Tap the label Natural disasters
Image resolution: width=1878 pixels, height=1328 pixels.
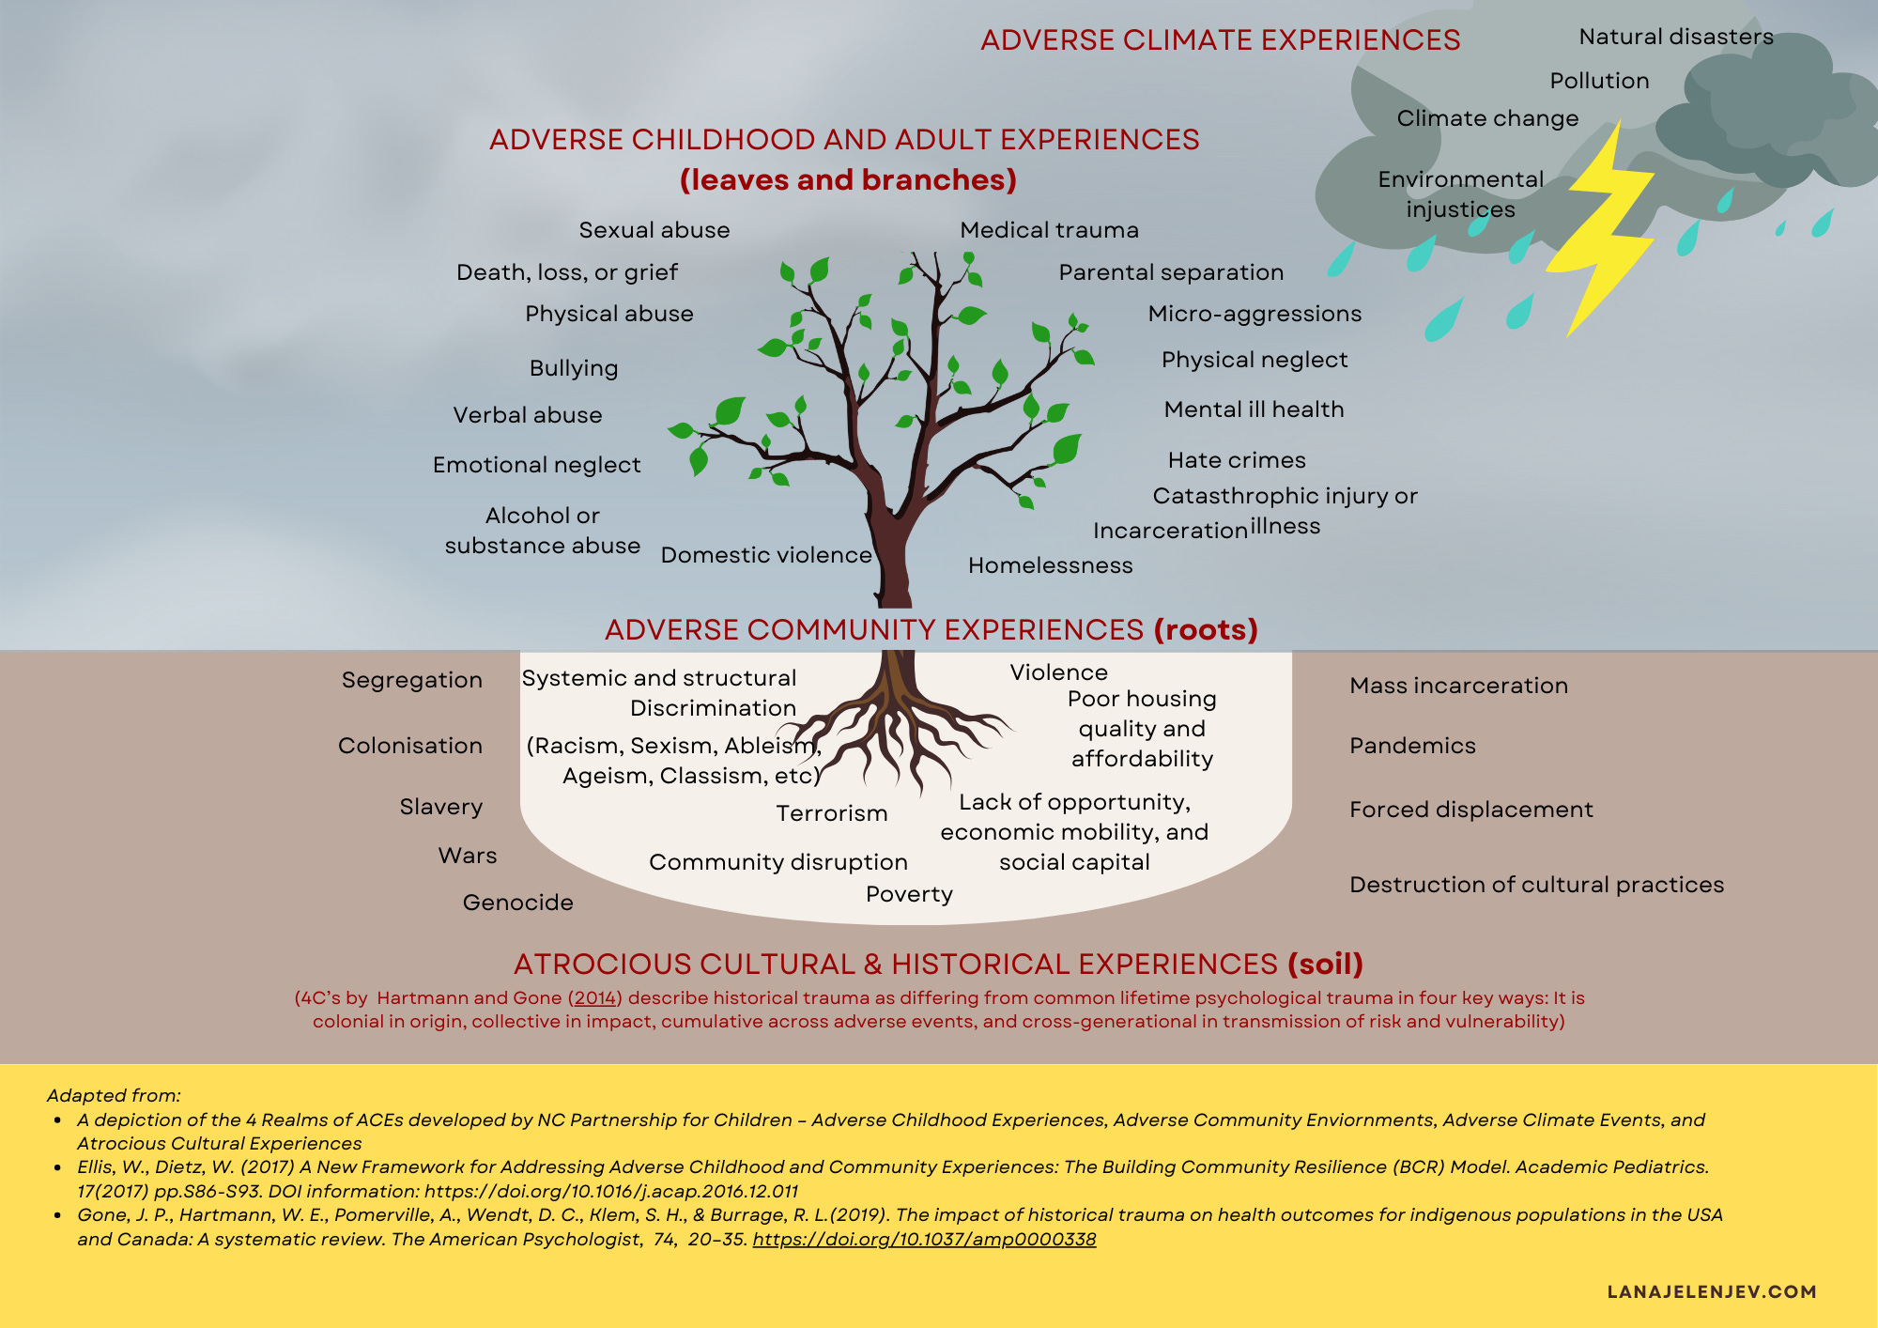pos(1676,37)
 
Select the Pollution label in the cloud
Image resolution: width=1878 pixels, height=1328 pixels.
pos(1599,81)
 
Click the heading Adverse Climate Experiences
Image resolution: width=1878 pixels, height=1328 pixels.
pos(1220,40)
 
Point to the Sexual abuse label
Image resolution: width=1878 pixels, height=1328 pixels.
pos(654,230)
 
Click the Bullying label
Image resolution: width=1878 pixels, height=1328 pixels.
pos(573,368)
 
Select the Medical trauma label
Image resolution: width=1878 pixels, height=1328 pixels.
pos(1049,230)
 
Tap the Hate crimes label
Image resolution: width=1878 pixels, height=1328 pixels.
pos(1237,460)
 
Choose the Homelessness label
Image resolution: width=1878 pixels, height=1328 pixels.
pos(1050,565)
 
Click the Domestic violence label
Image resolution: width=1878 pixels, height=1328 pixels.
pos(766,555)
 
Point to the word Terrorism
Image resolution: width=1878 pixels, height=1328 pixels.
pos(831,813)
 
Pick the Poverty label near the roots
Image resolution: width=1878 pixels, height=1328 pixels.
pos(909,894)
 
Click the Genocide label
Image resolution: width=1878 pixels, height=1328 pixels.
pos(517,903)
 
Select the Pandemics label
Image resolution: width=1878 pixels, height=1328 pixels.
pos(1412,746)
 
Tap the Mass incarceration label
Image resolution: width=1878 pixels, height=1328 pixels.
pos(1458,686)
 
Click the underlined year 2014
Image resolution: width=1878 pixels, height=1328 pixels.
pos(595,998)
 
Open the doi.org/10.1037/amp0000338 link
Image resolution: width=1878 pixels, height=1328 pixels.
pos(924,1239)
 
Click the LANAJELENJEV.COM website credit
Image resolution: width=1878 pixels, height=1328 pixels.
pos(1711,1291)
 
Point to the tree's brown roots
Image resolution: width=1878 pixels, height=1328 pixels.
pos(892,728)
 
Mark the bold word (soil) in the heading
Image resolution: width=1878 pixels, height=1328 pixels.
pos(1325,965)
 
